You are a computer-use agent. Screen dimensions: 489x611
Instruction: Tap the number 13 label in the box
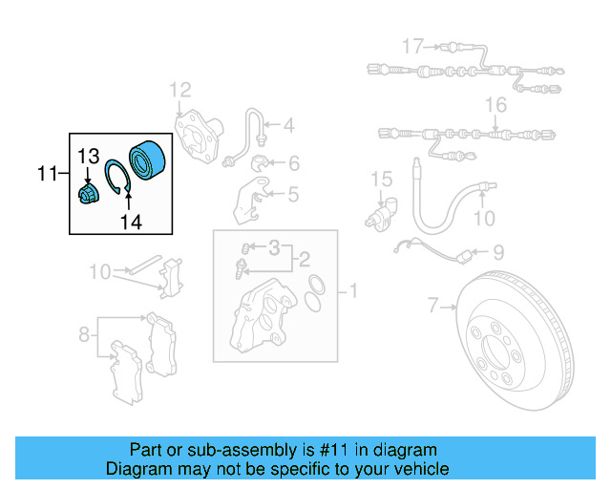point(88,156)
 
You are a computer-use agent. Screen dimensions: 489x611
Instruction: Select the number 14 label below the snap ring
point(130,222)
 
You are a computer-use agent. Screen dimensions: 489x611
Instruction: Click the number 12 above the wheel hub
point(180,91)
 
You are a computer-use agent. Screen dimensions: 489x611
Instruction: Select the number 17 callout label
point(411,46)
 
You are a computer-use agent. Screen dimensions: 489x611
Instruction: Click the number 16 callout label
point(495,104)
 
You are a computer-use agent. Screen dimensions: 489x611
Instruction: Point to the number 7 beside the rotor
point(434,307)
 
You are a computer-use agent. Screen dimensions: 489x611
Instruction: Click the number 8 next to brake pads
point(85,334)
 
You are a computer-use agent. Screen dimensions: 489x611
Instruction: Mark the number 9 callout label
point(497,253)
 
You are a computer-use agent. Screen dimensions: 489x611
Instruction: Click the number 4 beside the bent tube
point(287,124)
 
